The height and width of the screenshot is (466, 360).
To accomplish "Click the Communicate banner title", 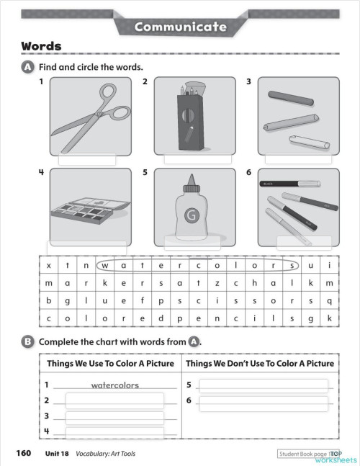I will [180, 27].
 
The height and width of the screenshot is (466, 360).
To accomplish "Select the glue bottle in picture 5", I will [192, 209].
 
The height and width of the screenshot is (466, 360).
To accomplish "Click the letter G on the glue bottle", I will [192, 215].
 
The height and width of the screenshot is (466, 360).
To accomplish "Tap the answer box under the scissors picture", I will [90, 160].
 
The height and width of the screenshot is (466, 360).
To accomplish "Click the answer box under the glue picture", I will [192, 242].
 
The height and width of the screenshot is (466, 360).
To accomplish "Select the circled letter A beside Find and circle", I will [28, 67].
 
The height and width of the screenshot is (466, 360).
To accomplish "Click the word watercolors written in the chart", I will [115, 385].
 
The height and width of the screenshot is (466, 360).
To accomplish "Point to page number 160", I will [23, 454].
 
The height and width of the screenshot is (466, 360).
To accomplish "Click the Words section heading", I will [40, 46].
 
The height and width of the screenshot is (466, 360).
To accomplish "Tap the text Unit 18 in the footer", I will [56, 454].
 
